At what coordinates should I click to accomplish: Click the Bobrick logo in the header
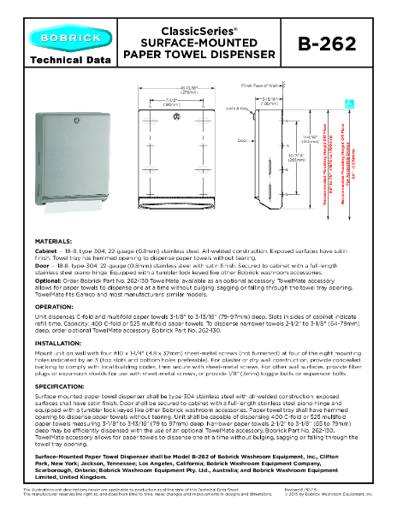(61, 38)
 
